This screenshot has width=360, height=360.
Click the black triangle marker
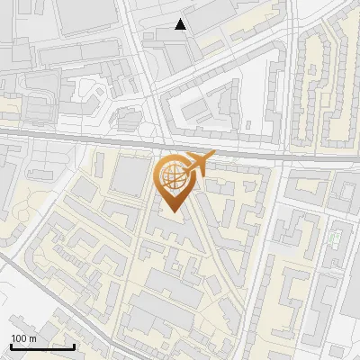(x=181, y=25)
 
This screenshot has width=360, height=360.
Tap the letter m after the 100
(x=32, y=337)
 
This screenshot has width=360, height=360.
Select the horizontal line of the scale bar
(x=42, y=346)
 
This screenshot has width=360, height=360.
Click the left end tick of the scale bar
(x=11, y=345)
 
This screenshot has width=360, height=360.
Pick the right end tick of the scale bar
(x=74, y=345)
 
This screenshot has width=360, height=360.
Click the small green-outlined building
(x=335, y=239)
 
